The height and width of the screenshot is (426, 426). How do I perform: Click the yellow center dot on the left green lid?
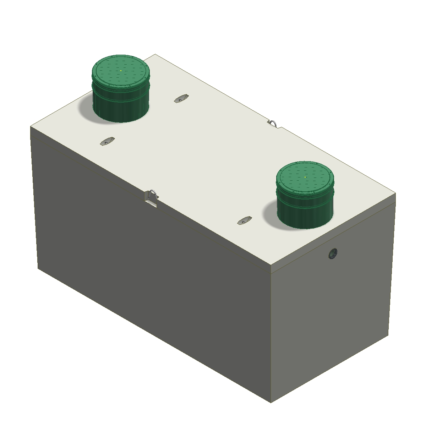121,71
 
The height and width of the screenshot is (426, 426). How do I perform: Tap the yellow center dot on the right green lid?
305,177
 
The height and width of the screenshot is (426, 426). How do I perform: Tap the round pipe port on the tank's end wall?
333,253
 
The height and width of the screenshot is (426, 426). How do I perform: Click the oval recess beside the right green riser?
244,220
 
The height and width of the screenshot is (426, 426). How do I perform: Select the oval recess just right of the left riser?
181,98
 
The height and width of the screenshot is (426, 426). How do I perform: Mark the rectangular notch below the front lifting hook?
151,203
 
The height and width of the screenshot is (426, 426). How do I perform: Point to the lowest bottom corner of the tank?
271,402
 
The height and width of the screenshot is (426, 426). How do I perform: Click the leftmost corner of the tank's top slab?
31,126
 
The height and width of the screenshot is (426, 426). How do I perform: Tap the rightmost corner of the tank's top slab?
395,194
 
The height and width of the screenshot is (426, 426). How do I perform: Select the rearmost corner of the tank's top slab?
155,55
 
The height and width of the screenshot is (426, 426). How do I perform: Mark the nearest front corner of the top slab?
271,266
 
